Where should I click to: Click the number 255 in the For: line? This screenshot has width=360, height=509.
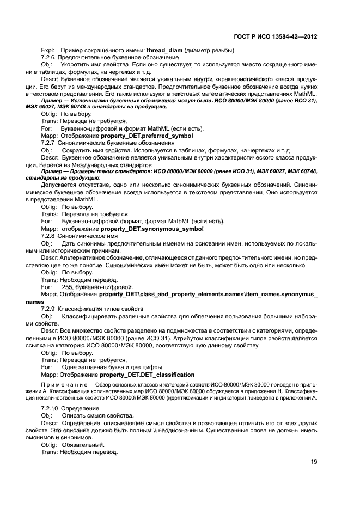pos(67,287)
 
